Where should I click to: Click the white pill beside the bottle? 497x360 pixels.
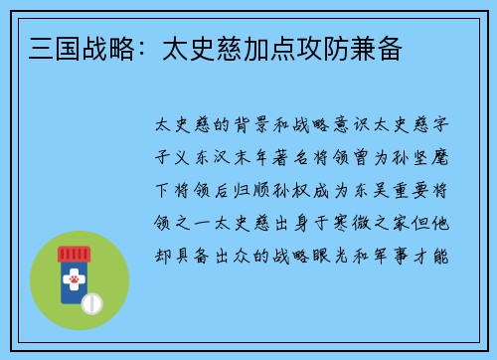coord(91,302)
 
